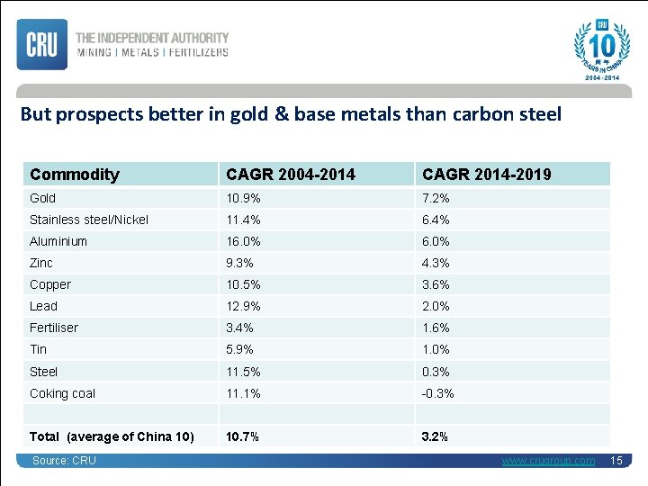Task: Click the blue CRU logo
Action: [41, 44]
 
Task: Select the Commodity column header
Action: [75, 174]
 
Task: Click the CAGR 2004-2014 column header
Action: [291, 174]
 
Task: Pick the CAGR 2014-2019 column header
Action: [487, 174]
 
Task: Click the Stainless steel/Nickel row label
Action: [89, 220]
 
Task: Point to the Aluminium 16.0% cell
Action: [244, 241]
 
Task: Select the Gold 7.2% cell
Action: [436, 198]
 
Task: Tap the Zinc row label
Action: [41, 263]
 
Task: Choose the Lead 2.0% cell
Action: [436, 306]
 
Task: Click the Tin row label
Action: [39, 349]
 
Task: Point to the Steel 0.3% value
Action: [436, 372]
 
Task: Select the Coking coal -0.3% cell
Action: [438, 393]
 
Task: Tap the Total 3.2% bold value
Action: [435, 436]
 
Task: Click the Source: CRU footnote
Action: [64, 461]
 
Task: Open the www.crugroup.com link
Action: [548, 461]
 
